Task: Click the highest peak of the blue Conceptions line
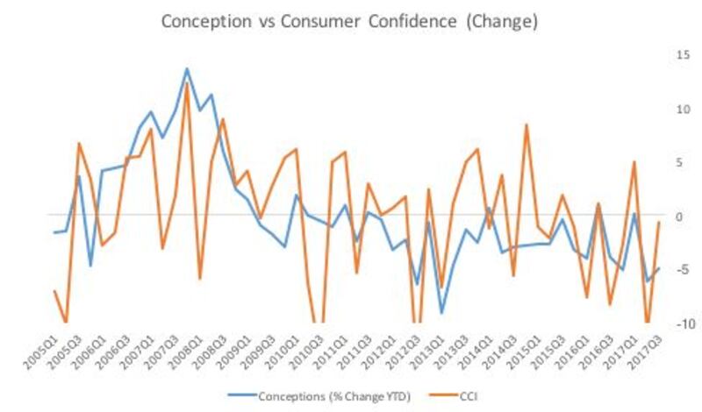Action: pos(187,68)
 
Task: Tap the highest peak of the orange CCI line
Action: pos(187,84)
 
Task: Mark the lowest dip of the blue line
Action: pos(442,313)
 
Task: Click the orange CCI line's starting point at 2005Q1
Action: pos(54,291)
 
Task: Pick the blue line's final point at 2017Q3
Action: pos(658,269)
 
